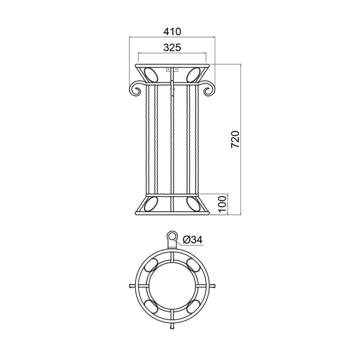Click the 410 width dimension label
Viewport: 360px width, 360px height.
pyautogui.click(x=172, y=32)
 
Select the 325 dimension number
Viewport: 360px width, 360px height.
pyautogui.click(x=172, y=48)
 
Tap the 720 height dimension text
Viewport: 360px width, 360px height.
pyautogui.click(x=235, y=139)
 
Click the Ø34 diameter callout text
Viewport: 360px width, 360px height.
pyautogui.click(x=192, y=239)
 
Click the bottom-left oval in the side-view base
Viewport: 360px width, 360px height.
pyautogui.click(x=151, y=204)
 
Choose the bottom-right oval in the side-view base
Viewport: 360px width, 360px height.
pyautogui.click(x=193, y=204)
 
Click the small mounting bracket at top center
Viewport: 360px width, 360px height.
pyautogui.click(x=172, y=69)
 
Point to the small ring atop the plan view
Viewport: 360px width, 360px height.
pyautogui.click(x=172, y=236)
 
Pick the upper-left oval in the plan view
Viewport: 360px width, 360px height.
pyautogui.click(x=151, y=265)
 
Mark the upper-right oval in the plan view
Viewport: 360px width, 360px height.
pyautogui.click(x=193, y=265)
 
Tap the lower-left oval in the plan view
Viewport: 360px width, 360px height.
pyautogui.click(x=151, y=307)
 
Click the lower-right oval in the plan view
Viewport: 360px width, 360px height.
pyautogui.click(x=193, y=307)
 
